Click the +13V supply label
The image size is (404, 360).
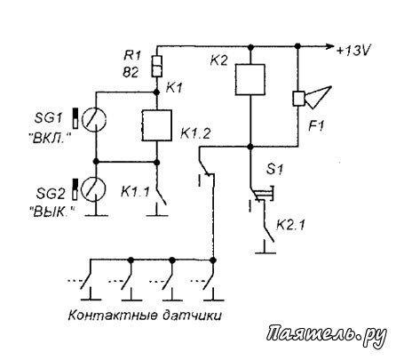pos(353,51)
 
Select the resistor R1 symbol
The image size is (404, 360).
pos(157,66)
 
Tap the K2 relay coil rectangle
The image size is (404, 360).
pos(250,79)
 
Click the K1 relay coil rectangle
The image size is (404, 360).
pos(157,125)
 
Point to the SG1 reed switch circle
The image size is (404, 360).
pos(94,119)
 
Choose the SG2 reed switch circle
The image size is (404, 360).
pos(94,189)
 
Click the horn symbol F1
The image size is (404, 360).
pos(312,98)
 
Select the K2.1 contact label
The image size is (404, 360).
pos(290,226)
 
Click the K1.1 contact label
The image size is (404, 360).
pos(135,192)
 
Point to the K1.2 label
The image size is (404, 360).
pos(195,134)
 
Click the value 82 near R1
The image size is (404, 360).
pos(131,72)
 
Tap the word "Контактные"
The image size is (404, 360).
pos(112,316)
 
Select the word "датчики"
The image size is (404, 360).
pos(192,316)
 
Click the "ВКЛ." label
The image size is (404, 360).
pos(51,139)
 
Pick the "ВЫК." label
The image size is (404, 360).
pos(52,212)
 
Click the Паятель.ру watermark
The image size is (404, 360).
pos(327,335)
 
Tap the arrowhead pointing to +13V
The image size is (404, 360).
pos(329,46)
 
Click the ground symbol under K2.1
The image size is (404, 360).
pos(265,248)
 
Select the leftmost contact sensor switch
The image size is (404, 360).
pos(87,281)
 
